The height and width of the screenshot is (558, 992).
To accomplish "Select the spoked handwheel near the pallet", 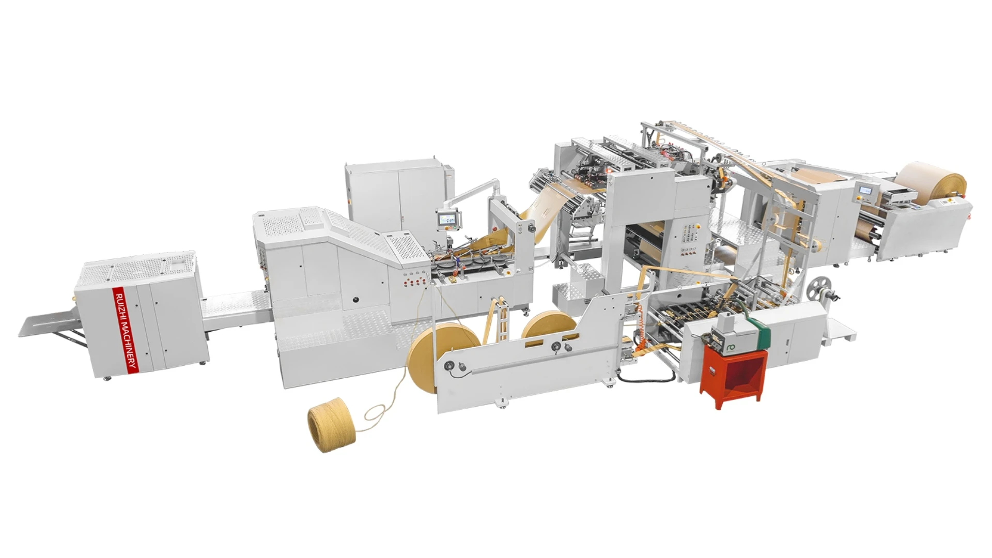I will (x=818, y=287).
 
